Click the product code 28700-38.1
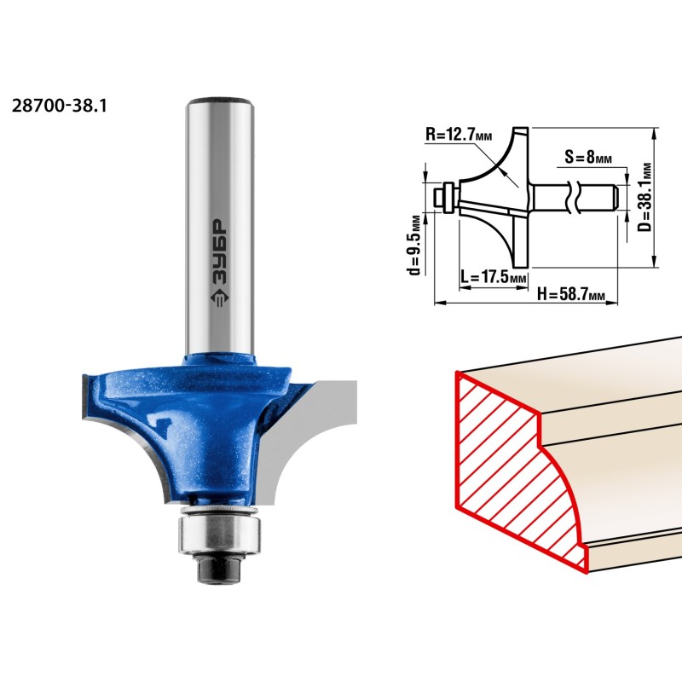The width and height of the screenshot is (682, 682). pyautogui.click(x=59, y=106)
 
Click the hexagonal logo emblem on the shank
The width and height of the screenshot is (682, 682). pyautogui.click(x=219, y=299)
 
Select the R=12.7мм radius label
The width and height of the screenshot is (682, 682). pyautogui.click(x=459, y=135)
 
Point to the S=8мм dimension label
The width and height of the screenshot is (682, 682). pyautogui.click(x=588, y=157)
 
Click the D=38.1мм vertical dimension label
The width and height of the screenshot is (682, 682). pyautogui.click(x=646, y=197)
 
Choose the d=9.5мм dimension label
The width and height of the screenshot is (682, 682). pyautogui.click(x=415, y=245)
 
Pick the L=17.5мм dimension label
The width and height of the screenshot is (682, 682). pyautogui.click(x=494, y=276)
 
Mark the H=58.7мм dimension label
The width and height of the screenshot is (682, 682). pyautogui.click(x=571, y=293)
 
